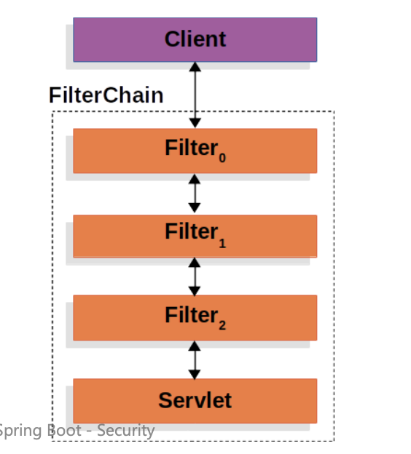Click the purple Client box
pos(195,39)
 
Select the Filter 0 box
pos(195,151)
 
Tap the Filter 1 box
pos(195,236)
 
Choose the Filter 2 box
pos(195,317)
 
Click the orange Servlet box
pos(195,400)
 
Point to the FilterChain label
pos(106,95)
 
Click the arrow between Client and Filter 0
pos(195,95)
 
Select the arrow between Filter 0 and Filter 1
pos(195,194)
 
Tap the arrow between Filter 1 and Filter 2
pos(195,276)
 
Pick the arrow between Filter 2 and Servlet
pos(195,359)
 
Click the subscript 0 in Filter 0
pos(222,158)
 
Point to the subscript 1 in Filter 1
pos(222,244)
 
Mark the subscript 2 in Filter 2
pos(222,325)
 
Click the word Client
pos(195,39)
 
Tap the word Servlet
pos(195,400)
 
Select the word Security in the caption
pos(125,431)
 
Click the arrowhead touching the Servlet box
pos(195,373)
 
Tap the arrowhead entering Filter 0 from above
pos(195,123)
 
